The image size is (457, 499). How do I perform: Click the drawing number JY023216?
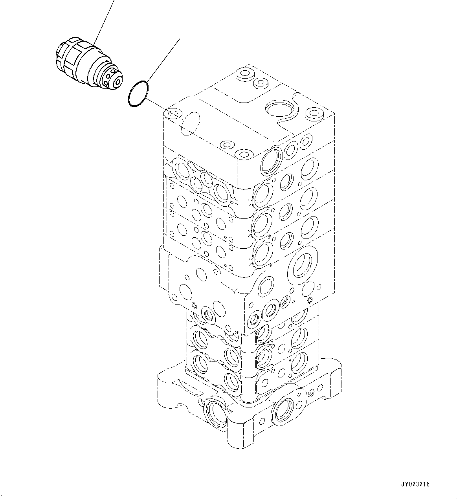click(x=415, y=484)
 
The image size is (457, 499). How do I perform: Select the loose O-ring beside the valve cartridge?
click(x=138, y=94)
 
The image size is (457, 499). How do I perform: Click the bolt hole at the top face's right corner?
click(x=314, y=114)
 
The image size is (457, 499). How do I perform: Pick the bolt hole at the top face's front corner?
click(x=244, y=154)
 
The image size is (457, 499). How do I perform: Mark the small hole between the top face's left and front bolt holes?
click(x=227, y=145)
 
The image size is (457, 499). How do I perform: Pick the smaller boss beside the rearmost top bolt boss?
click(x=261, y=83)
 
